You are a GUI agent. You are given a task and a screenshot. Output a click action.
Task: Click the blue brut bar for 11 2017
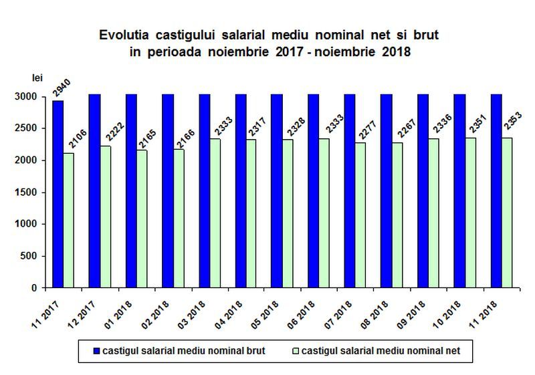pos(58,194)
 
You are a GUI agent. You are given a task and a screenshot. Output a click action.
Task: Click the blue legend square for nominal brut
pos(97,349)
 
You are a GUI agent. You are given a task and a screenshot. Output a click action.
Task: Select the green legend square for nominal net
pos(295,349)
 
